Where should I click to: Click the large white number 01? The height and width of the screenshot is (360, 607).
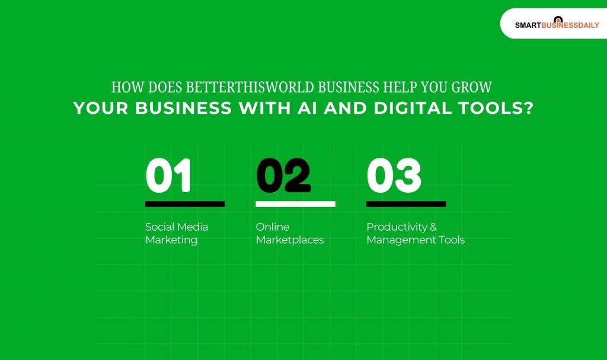168,176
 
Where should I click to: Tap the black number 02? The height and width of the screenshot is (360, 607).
283,176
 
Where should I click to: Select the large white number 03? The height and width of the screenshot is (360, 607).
394,176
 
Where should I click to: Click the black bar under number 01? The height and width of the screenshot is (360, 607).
185,204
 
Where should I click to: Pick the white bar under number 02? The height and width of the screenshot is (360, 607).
295,204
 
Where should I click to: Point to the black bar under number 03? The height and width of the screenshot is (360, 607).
406,204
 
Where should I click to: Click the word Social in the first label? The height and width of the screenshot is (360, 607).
159,227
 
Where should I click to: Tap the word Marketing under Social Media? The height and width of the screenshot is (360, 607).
171,240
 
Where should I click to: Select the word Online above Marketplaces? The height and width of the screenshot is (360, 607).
273,227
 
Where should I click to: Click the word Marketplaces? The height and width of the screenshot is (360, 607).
290,240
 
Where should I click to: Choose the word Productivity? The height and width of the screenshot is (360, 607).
395,227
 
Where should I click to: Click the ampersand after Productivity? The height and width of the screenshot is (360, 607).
433,227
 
